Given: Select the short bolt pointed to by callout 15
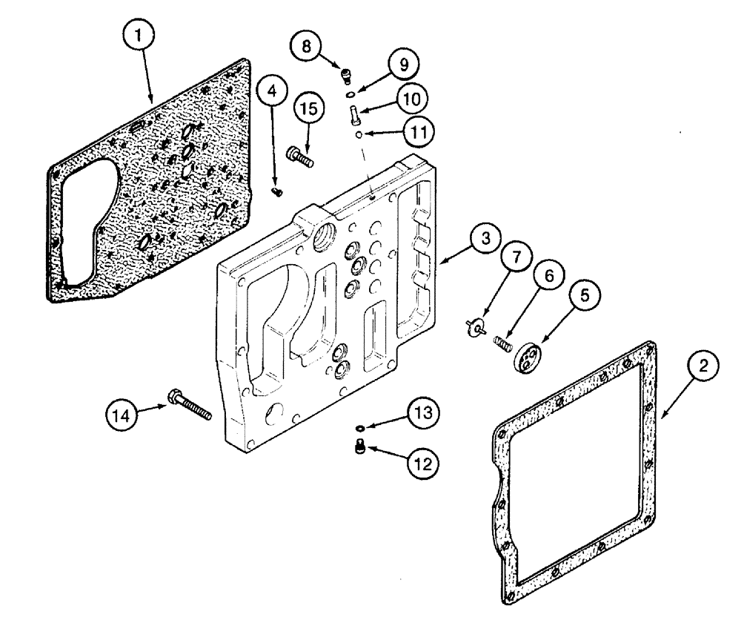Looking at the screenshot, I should (x=299, y=156).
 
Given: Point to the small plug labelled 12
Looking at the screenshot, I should (x=359, y=447).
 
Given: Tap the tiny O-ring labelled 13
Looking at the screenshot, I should (x=359, y=428).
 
